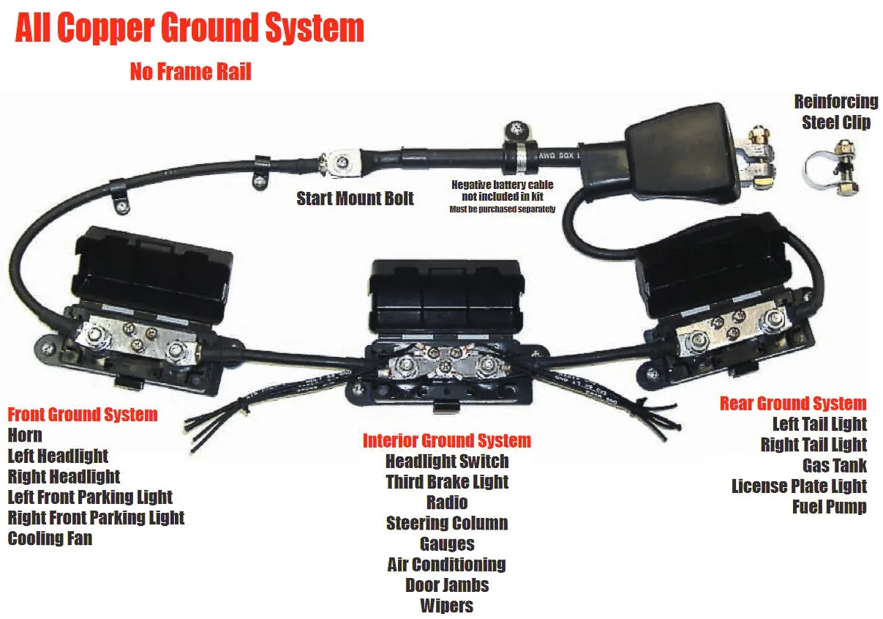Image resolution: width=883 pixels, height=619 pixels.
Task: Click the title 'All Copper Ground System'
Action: point(189,28)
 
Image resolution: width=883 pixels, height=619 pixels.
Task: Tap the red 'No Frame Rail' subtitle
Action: point(191,72)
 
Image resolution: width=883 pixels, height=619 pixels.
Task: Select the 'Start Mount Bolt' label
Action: point(355,199)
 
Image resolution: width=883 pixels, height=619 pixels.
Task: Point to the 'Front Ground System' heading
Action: point(83,415)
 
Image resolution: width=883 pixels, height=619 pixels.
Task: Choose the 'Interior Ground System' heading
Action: point(447,440)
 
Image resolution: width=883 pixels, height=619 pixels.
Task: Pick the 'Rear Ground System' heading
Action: point(793,404)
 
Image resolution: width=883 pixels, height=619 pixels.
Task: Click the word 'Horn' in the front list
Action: point(25,435)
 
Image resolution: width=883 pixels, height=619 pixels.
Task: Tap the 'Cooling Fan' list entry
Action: point(50,538)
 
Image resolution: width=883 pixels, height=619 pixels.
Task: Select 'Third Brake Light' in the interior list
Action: point(447,481)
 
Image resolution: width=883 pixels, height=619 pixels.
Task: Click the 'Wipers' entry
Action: point(447,606)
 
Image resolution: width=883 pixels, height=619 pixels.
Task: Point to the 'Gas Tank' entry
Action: point(835,465)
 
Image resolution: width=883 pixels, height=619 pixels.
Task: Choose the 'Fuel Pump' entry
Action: point(830,507)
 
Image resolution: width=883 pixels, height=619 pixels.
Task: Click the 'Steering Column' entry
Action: point(447,523)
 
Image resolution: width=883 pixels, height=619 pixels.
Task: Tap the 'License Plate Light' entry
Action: point(800,486)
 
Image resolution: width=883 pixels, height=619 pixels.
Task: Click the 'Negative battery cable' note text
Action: point(503,196)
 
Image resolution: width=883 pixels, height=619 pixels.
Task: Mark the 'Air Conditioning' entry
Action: point(447,565)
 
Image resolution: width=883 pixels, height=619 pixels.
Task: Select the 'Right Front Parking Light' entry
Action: point(96,518)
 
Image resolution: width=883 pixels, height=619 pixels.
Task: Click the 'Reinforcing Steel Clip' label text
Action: point(836,112)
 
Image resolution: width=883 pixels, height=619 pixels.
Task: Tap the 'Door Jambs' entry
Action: point(447,585)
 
